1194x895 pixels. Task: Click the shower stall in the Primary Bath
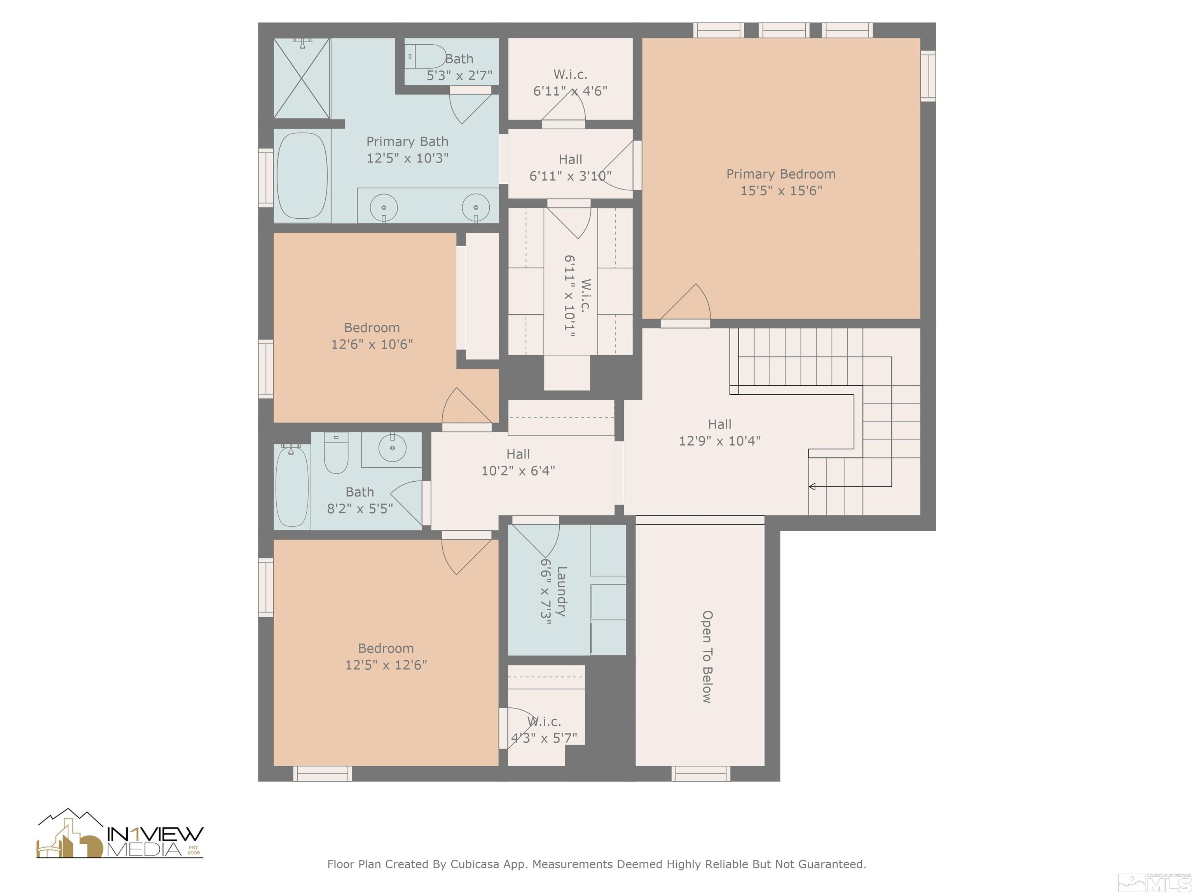(x=302, y=78)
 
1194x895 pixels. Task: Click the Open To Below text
(x=707, y=656)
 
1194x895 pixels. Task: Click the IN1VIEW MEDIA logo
(x=120, y=834)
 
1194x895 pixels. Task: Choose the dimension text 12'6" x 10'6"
(x=372, y=344)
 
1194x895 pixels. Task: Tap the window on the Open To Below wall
(x=701, y=774)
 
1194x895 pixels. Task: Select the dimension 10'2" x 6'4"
(x=518, y=471)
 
